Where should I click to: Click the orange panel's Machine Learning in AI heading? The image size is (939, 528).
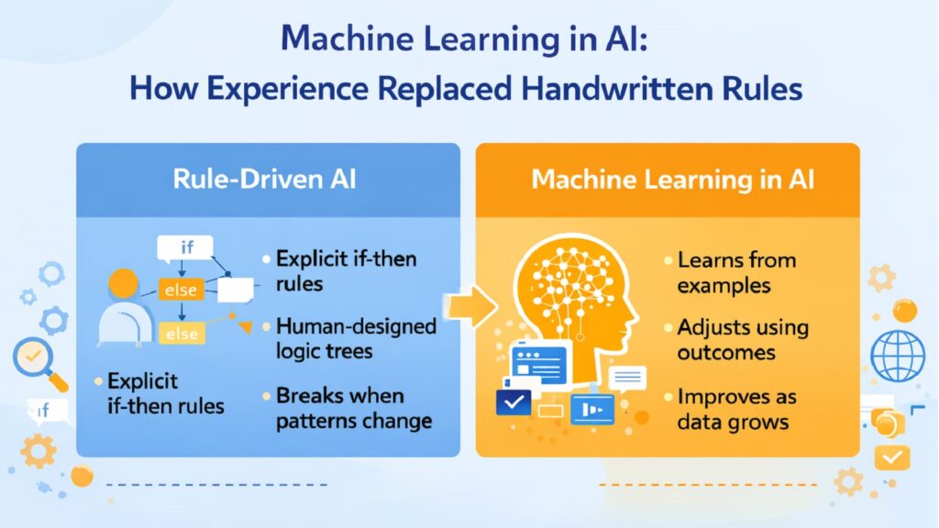667,179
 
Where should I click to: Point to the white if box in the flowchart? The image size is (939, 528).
185,247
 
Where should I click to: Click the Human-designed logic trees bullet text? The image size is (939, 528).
355,338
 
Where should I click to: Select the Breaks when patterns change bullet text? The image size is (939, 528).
353,409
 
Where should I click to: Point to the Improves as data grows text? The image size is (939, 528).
736,409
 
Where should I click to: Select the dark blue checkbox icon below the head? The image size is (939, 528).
513,401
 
